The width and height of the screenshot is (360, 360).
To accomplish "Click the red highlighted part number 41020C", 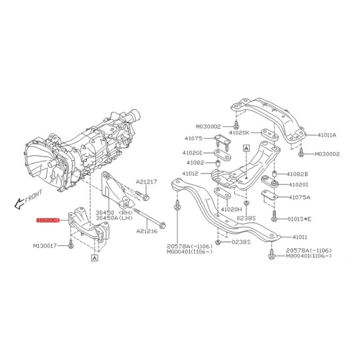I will tap(48, 220).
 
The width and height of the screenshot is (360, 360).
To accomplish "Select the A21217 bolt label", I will tap(146, 182).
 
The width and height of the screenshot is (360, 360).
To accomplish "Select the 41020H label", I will tap(232, 210).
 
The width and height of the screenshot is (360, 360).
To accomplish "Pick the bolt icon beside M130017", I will tap(71, 245).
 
